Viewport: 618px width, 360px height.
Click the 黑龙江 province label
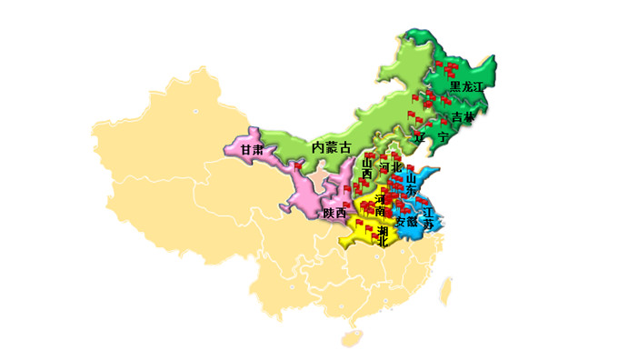[x=467, y=86]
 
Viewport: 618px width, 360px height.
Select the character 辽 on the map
[x=420, y=136]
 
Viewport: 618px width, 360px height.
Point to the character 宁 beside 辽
[x=443, y=136]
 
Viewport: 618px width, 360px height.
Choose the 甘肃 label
[x=252, y=149]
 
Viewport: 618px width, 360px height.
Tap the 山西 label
[x=367, y=167]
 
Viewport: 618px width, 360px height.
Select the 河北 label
[x=390, y=167]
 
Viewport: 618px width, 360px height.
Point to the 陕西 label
[x=334, y=213]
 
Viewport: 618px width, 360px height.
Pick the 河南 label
[x=380, y=205]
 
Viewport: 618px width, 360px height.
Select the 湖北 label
[x=384, y=235]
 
